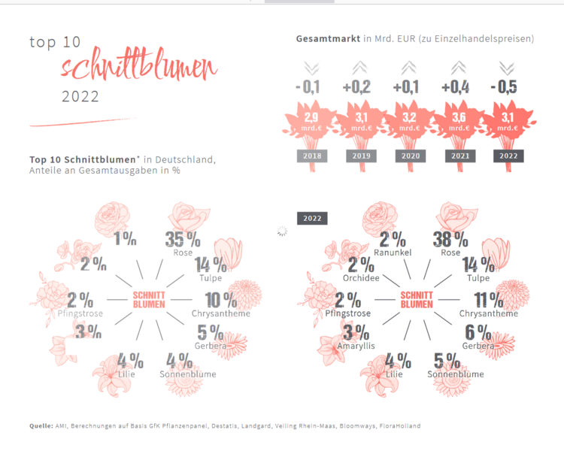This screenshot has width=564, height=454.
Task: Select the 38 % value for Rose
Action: pyautogui.click(x=450, y=241)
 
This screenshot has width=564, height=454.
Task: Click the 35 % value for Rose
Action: pyautogui.click(x=182, y=240)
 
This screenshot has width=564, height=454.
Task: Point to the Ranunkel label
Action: pyautogui.click(x=391, y=253)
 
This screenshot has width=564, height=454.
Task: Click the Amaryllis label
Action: pyautogui.click(x=357, y=345)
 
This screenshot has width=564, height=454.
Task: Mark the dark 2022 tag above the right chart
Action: pyautogui.click(x=311, y=218)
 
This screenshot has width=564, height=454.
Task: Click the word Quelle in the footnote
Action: pyautogui.click(x=41, y=425)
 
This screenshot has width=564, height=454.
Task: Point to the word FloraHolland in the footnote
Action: pyautogui.click(x=399, y=425)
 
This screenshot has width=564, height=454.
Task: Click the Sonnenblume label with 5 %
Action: pyautogui.click(x=456, y=374)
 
